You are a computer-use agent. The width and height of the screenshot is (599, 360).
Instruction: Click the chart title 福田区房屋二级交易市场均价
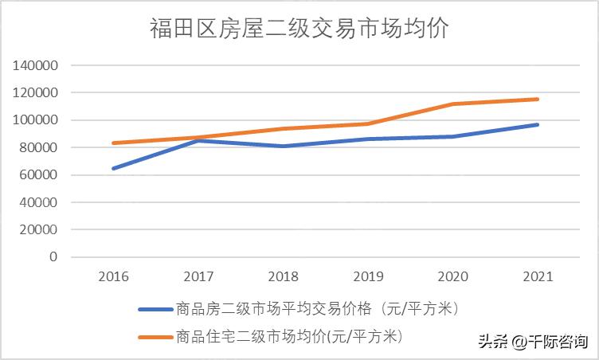(299, 29)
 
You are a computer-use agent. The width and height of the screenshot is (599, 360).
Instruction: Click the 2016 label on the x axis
(113, 276)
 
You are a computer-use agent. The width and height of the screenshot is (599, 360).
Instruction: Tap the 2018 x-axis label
(283, 276)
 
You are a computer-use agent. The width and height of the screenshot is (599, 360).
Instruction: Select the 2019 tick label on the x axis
(368, 276)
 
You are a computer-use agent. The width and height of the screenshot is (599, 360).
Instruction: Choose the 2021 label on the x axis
(538, 276)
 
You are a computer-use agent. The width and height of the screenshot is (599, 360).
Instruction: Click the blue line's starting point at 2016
(113, 168)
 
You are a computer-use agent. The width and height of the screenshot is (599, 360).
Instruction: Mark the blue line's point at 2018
(283, 146)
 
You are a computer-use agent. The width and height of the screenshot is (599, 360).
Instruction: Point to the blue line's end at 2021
(538, 124)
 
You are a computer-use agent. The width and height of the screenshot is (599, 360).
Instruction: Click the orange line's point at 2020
(453, 104)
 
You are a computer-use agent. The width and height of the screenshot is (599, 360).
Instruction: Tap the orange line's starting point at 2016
(113, 143)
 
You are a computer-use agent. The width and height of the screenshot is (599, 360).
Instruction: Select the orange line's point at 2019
(368, 123)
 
